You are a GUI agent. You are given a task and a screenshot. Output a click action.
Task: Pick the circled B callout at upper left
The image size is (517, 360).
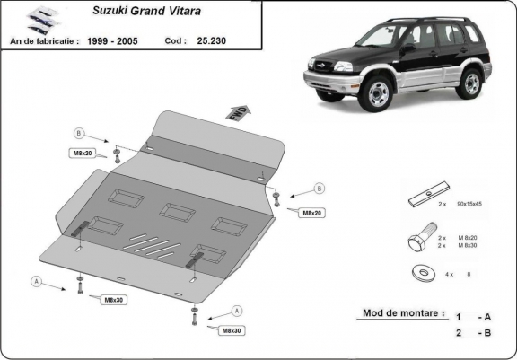pos(78,134)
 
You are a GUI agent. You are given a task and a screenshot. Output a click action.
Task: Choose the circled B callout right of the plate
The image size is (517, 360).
pos(319,189)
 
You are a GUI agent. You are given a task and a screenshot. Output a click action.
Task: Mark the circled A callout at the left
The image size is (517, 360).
pos(37,280)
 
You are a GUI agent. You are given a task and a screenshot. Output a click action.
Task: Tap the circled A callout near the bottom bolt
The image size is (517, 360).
pos(237,310)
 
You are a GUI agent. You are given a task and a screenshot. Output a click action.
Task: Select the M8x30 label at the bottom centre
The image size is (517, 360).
pos(232,330)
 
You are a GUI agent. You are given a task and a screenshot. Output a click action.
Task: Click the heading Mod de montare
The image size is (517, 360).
pos(403,313)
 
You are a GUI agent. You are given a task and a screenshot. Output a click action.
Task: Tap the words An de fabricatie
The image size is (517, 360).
pos(44,41)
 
